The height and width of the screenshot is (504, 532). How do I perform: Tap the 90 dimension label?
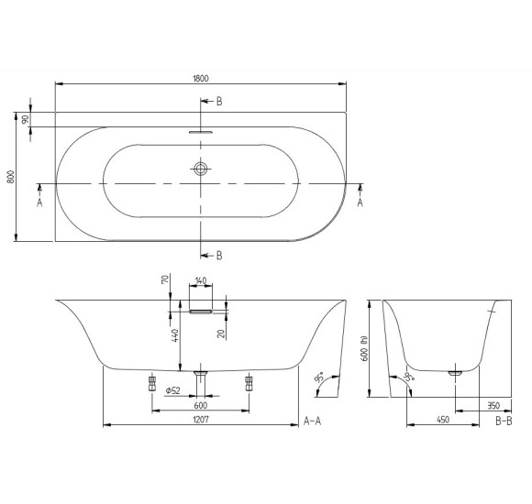[x=26, y=119]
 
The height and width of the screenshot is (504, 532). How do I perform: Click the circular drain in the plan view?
[x=201, y=169]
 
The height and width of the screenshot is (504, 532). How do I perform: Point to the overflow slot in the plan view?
[x=201, y=131]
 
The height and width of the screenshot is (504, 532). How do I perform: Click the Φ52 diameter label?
[x=171, y=390]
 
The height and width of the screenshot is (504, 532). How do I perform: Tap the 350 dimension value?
[x=493, y=403]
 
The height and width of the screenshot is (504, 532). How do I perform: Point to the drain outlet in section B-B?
[x=454, y=372]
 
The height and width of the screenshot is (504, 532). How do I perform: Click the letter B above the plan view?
[x=217, y=101]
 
